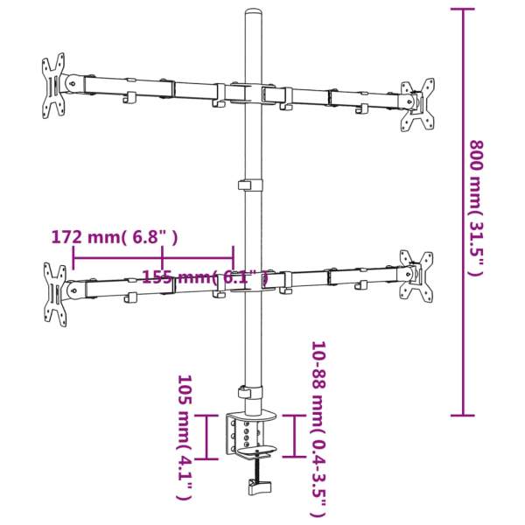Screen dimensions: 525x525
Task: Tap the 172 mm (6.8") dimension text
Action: (115, 237)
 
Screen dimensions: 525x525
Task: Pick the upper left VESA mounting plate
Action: (54, 86)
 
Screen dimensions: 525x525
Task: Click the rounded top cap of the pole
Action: (254, 17)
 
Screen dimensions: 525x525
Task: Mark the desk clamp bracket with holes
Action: (248, 435)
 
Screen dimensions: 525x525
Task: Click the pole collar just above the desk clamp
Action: (251, 394)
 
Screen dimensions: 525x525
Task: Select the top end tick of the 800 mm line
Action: (462, 10)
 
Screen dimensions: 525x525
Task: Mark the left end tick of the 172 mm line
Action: (73, 257)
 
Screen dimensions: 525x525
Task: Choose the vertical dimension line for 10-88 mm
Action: (295, 435)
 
